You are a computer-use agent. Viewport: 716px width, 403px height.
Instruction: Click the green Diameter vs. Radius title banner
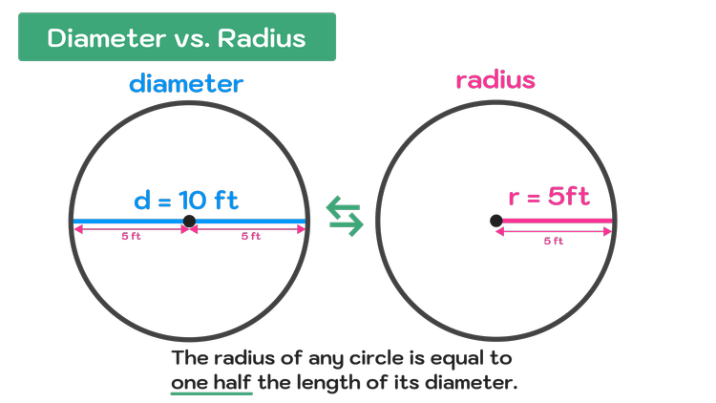pyautogui.click(x=177, y=37)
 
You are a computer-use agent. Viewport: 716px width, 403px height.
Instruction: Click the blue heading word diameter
pyautogui.click(x=186, y=84)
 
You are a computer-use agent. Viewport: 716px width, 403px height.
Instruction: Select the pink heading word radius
pyautogui.click(x=495, y=80)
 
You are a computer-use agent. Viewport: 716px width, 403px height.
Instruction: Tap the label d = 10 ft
pyautogui.click(x=186, y=201)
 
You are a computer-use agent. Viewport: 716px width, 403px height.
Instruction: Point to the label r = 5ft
pyautogui.click(x=549, y=198)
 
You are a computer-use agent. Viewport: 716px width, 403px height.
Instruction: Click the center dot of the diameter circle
pyautogui.click(x=189, y=222)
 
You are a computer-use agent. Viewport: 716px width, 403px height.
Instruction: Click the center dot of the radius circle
pyautogui.click(x=496, y=222)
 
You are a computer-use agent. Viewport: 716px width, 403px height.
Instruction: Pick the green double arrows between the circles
pyautogui.click(x=345, y=216)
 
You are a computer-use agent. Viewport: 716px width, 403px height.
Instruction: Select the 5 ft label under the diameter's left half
pyautogui.click(x=131, y=237)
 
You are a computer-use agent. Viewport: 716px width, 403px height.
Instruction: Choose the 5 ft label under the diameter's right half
pyautogui.click(x=249, y=237)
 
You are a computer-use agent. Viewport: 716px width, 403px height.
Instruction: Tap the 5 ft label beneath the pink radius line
pyautogui.click(x=553, y=242)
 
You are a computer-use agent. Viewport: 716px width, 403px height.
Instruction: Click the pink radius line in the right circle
pyautogui.click(x=558, y=222)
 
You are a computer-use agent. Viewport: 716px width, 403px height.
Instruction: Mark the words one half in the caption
pyautogui.click(x=211, y=382)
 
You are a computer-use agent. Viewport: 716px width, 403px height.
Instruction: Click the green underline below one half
pyautogui.click(x=211, y=392)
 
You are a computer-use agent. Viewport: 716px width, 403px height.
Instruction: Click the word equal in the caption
pyautogui.click(x=456, y=359)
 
